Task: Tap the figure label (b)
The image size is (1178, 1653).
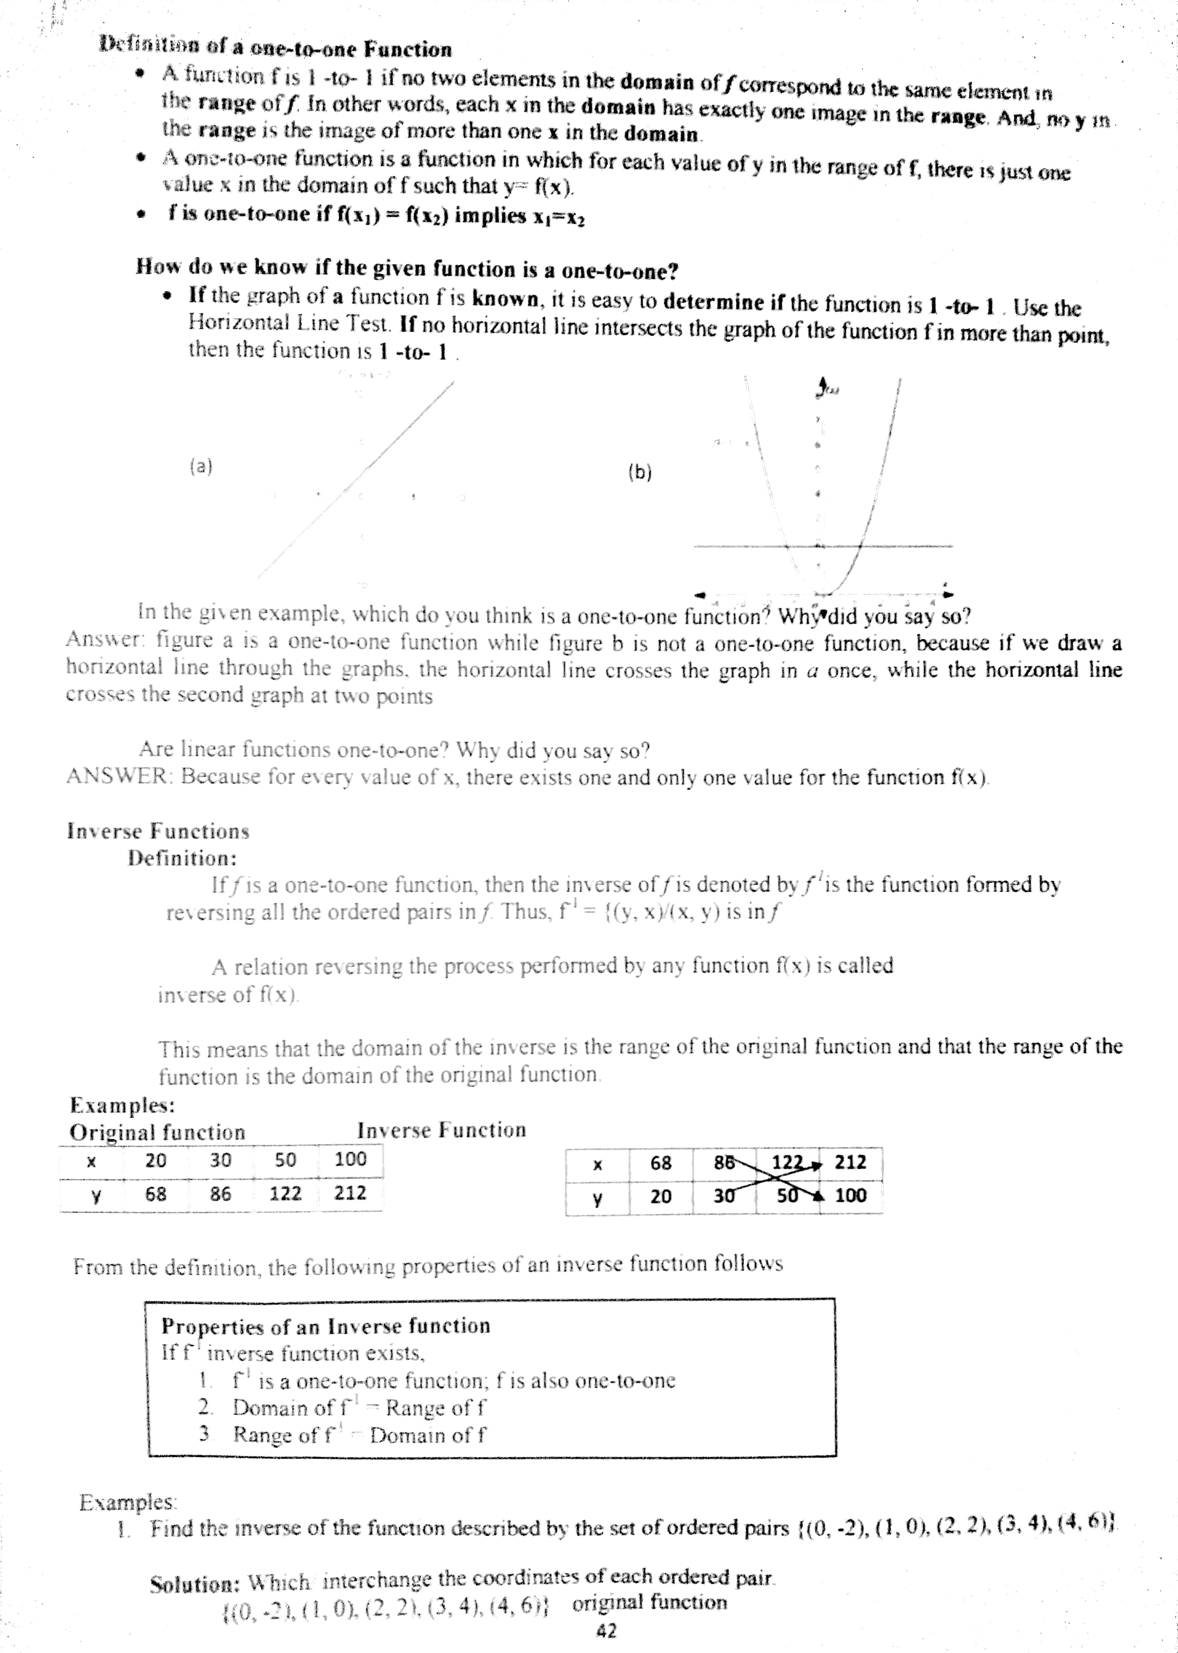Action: (640, 473)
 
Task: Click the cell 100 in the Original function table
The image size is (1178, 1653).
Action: (350, 1159)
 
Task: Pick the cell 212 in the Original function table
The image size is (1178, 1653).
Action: (350, 1193)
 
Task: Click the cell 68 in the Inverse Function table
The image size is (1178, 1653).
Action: (661, 1163)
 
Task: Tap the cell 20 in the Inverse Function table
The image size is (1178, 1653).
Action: (661, 1196)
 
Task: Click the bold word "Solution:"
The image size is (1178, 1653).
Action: (194, 1584)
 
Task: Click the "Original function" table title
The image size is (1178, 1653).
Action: (158, 1132)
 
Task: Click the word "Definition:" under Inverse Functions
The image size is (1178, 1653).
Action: (183, 858)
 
